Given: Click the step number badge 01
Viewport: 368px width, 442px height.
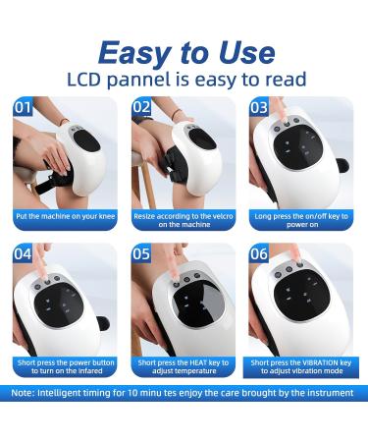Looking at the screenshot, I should pyautogui.click(x=23, y=107).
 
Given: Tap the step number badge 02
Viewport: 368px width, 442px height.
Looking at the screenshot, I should pyautogui.click(x=141, y=107).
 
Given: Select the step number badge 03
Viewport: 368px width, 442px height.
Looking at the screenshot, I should pyautogui.click(x=260, y=107).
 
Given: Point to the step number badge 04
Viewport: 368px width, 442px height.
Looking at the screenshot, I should pyautogui.click(x=23, y=253).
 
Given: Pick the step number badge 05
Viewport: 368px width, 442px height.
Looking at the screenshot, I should pyautogui.click(x=141, y=253).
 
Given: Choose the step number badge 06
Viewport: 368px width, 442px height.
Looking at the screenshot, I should pyautogui.click(x=260, y=253).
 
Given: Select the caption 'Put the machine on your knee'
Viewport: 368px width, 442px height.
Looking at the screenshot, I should pyautogui.click(x=66, y=215).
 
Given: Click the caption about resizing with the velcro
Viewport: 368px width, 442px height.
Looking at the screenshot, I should pyautogui.click(x=184, y=219).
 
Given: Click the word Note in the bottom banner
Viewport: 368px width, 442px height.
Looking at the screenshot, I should pyautogui.click(x=26, y=392).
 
